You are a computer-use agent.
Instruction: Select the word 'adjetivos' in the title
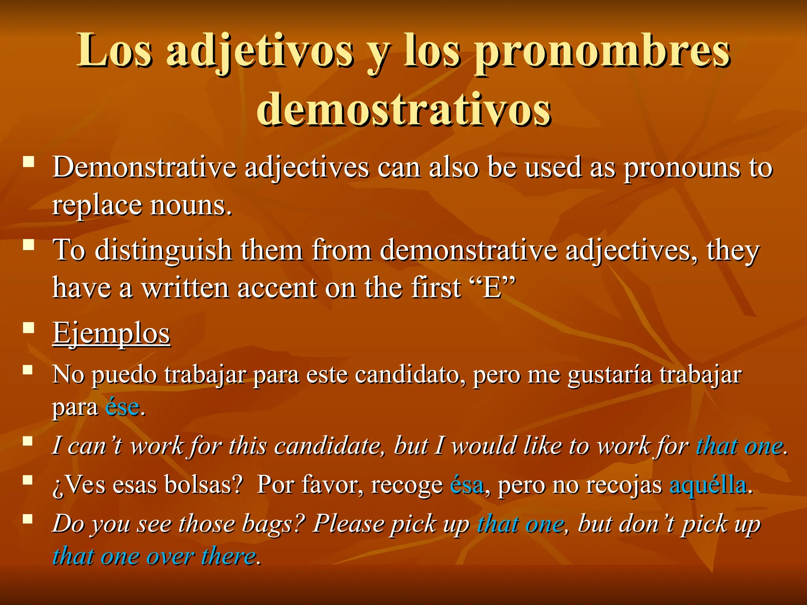[x=260, y=53]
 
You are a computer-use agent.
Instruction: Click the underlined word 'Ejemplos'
[x=112, y=334]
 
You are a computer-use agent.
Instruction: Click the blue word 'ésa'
[x=467, y=485]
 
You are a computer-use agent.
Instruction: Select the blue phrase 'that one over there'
[x=154, y=557]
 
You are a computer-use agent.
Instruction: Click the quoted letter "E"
[x=493, y=288]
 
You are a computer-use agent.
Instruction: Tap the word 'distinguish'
[x=164, y=250]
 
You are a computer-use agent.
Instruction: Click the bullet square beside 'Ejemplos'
[x=28, y=328]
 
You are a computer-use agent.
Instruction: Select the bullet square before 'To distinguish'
[x=28, y=245]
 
